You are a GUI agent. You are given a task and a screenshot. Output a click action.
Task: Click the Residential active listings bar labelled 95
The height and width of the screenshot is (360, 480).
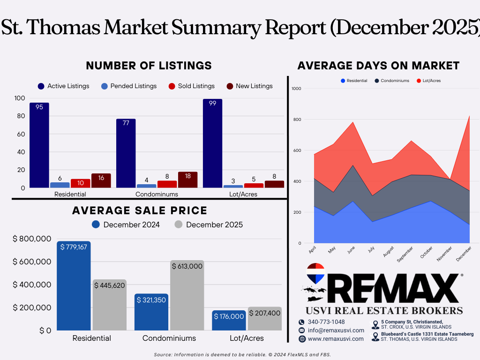pos(39,145)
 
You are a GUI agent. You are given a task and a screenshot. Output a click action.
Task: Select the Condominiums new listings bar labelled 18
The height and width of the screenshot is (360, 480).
pos(187,180)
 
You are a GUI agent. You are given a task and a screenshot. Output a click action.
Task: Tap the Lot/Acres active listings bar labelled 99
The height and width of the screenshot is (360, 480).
pos(212,143)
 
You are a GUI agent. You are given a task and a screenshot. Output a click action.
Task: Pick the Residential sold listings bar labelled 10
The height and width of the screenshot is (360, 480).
pos(81,183)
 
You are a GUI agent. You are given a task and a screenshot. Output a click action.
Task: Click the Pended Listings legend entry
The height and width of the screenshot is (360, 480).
pos(129,86)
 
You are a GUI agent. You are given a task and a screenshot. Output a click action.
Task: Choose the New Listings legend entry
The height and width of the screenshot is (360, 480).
pos(249,86)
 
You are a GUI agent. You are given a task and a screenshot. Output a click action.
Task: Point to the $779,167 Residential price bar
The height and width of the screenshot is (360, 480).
pos(74,285)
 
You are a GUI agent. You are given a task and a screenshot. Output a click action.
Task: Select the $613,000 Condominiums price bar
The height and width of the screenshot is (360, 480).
pos(187,295)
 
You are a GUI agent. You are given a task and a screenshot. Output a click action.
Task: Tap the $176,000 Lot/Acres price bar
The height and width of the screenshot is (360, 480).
pos(229,320)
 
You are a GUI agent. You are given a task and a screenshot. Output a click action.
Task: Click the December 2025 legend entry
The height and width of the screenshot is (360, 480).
pos(209,225)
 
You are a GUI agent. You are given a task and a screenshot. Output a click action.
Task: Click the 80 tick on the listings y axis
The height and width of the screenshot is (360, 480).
pos(21,116)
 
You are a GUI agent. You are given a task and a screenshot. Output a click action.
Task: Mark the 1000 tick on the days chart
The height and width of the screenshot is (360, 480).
pos(296,89)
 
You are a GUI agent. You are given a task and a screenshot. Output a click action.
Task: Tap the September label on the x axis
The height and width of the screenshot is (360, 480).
pos(405,254)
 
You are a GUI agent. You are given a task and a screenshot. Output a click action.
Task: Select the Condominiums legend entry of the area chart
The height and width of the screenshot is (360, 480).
pos(392,81)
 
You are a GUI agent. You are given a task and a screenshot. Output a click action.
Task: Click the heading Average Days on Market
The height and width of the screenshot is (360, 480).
pos(378,66)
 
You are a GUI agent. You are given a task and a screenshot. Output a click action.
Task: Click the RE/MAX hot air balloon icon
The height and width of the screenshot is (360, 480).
pos(315,273)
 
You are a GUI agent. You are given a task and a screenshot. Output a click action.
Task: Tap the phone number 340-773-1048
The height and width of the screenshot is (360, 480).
pos(326,322)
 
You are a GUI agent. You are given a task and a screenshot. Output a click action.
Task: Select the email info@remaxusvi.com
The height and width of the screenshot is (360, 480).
pos(336,330)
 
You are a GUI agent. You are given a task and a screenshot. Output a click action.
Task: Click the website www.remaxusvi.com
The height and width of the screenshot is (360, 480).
pos(336,339)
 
